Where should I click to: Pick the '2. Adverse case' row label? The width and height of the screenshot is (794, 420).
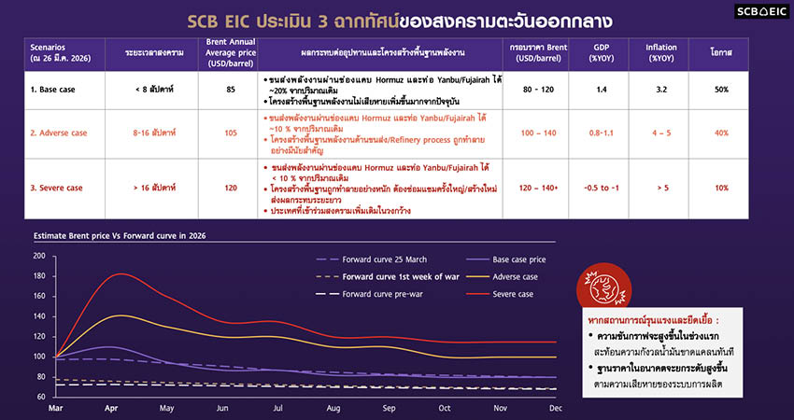point(63,133)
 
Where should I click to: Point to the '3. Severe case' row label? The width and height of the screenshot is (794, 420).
point(58,188)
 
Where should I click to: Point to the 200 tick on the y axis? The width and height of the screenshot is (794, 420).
point(38,256)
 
